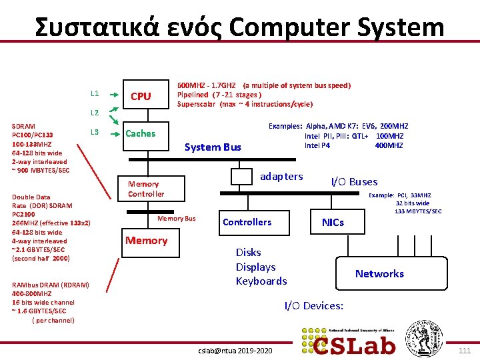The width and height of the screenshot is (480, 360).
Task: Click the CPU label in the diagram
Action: click(x=141, y=97)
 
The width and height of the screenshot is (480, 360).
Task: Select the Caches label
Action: click(x=141, y=133)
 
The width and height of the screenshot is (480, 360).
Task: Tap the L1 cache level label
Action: click(x=95, y=93)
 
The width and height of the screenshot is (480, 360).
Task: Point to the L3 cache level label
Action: click(x=95, y=131)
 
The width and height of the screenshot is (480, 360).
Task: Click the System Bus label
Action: click(x=213, y=147)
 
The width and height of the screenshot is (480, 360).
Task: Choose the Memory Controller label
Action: click(x=145, y=189)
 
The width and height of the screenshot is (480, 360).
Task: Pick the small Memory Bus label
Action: click(x=176, y=219)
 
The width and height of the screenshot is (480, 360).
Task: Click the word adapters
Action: click(x=281, y=177)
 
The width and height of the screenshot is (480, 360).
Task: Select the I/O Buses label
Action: click(x=354, y=181)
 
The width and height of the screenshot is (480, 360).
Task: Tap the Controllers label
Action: click(x=247, y=222)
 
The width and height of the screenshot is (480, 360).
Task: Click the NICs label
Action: click(x=333, y=222)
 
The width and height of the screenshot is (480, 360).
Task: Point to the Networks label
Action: click(x=379, y=274)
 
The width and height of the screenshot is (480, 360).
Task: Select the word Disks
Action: click(x=249, y=252)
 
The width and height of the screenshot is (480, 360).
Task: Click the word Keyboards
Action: click(x=261, y=281)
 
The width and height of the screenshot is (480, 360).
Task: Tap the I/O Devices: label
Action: click(x=314, y=306)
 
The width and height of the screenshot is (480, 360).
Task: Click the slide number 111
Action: click(x=465, y=351)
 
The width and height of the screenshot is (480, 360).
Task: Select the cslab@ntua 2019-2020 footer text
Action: click(x=236, y=351)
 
